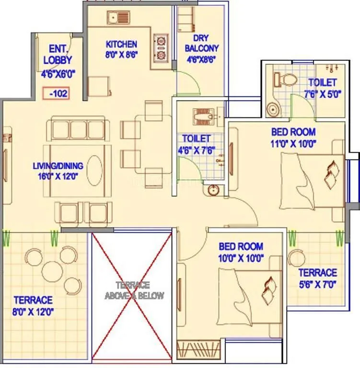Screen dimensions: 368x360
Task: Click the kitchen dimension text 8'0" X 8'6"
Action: [x=122, y=55]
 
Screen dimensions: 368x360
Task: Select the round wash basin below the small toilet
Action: [x=213, y=191]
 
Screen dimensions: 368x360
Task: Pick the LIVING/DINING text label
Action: [x=58, y=166]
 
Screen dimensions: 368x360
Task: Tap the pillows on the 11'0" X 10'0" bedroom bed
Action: [x=331, y=174]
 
